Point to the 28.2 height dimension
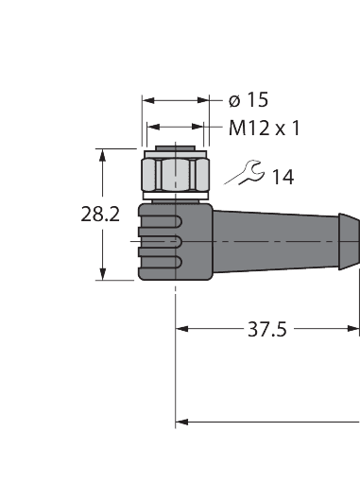click(99, 215)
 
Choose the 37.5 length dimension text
click(267, 330)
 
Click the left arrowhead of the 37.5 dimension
click(182, 330)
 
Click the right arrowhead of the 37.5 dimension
click(354, 330)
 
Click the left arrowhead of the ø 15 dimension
click(146, 99)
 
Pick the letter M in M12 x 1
click(233, 127)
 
